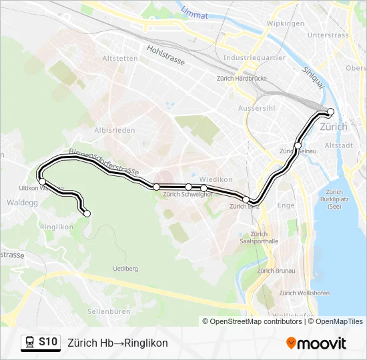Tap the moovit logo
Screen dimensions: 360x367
coord(316,343)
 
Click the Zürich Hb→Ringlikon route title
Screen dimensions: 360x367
coord(117,343)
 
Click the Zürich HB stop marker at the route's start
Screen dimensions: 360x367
coord(330,112)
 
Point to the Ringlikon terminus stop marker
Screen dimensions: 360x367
coord(87,213)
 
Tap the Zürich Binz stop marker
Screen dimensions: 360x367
coord(246,199)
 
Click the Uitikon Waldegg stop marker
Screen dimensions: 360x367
coord(42,181)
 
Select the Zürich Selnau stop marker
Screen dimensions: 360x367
coord(298,145)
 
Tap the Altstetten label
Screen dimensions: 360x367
coord(120,58)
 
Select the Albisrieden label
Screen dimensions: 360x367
coord(115,130)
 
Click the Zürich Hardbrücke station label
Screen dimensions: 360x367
coord(241,78)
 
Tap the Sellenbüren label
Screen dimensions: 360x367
coord(107,311)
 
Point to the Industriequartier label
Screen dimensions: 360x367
coord(254,57)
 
